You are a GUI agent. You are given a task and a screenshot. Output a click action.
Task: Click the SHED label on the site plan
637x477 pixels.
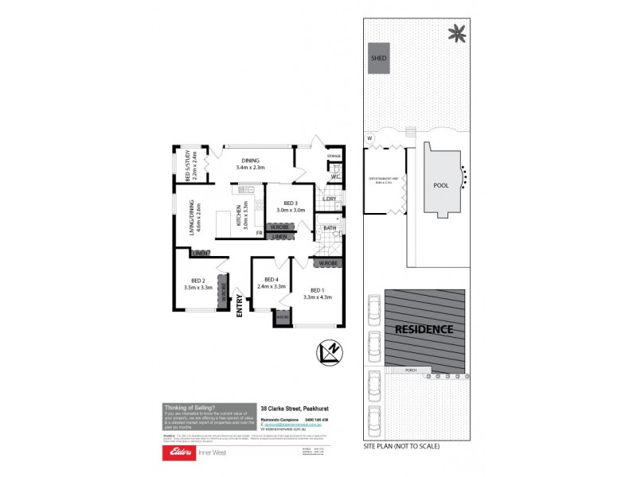click(x=378, y=58)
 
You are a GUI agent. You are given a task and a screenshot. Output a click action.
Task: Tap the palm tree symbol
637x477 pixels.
click(x=457, y=33)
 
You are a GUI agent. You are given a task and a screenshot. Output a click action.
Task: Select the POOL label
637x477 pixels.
click(x=440, y=185)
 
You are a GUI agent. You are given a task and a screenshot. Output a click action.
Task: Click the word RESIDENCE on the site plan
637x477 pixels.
click(x=423, y=328)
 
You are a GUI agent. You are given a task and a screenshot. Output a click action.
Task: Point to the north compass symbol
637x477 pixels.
click(x=329, y=351)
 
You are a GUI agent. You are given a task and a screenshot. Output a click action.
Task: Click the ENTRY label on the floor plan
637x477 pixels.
click(x=239, y=305)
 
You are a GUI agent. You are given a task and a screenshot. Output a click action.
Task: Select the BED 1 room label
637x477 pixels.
click(x=316, y=290)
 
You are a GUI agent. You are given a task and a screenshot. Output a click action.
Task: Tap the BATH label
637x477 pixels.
click(x=330, y=229)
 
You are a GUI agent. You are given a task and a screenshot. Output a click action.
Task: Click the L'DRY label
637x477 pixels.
click(x=329, y=199)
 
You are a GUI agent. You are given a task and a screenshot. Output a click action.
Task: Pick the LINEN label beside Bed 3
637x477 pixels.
click(x=279, y=237)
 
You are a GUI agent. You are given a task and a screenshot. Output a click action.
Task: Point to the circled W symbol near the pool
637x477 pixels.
click(x=370, y=138)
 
